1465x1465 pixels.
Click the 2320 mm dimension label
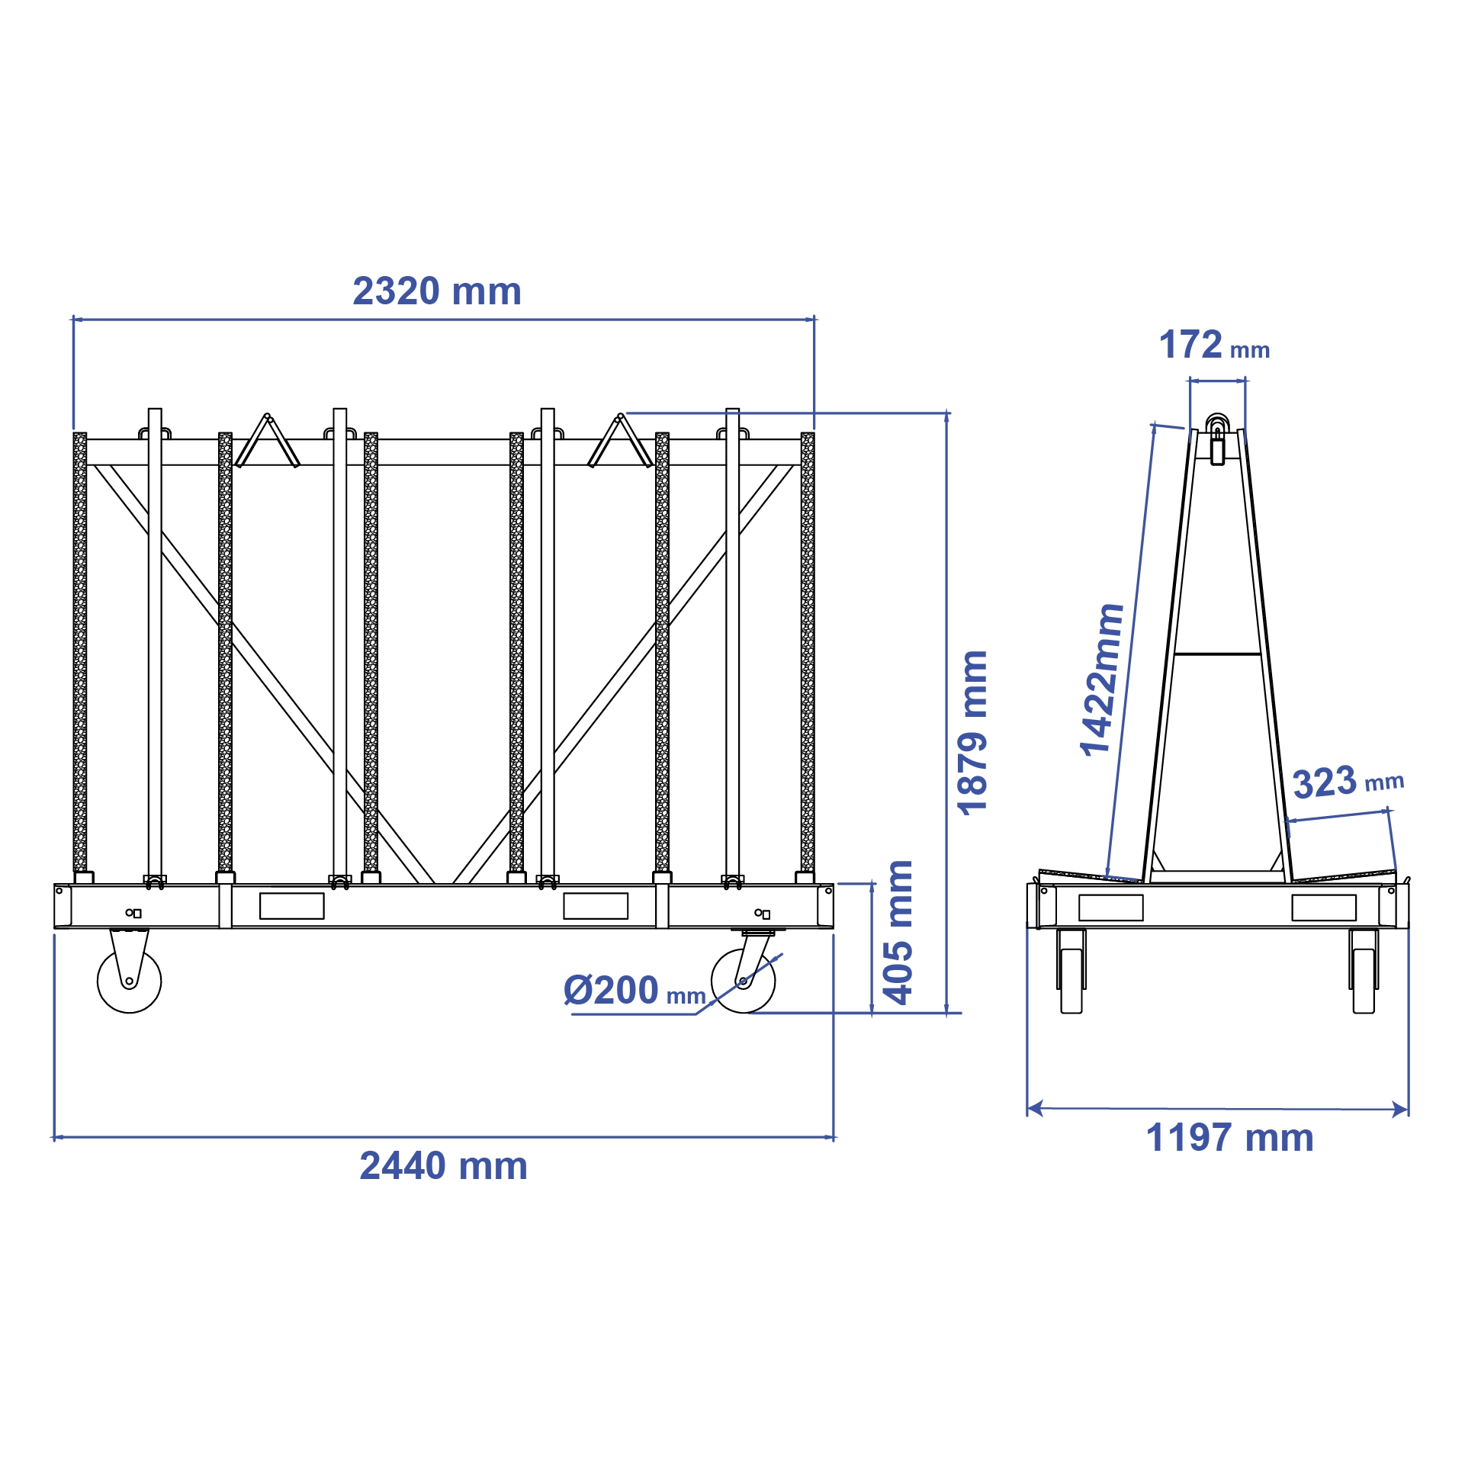(436, 291)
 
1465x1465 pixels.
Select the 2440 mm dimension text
(443, 1166)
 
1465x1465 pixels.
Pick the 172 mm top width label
(1213, 345)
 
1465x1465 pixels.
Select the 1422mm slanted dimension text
(1101, 680)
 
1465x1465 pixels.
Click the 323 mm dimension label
(1347, 782)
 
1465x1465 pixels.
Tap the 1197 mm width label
(1229, 1138)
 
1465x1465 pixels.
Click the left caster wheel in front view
(130, 981)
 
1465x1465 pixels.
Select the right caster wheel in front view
(743, 981)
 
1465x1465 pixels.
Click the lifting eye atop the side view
(1217, 424)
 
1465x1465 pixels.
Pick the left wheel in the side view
(1071, 980)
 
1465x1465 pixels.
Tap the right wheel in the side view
(1364, 980)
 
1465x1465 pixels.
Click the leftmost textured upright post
(80, 652)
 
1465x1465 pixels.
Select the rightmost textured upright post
(808, 652)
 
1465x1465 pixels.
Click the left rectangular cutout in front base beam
(291, 906)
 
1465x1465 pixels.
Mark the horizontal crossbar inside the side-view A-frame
(1217, 654)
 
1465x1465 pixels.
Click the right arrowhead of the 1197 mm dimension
(1401, 1110)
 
